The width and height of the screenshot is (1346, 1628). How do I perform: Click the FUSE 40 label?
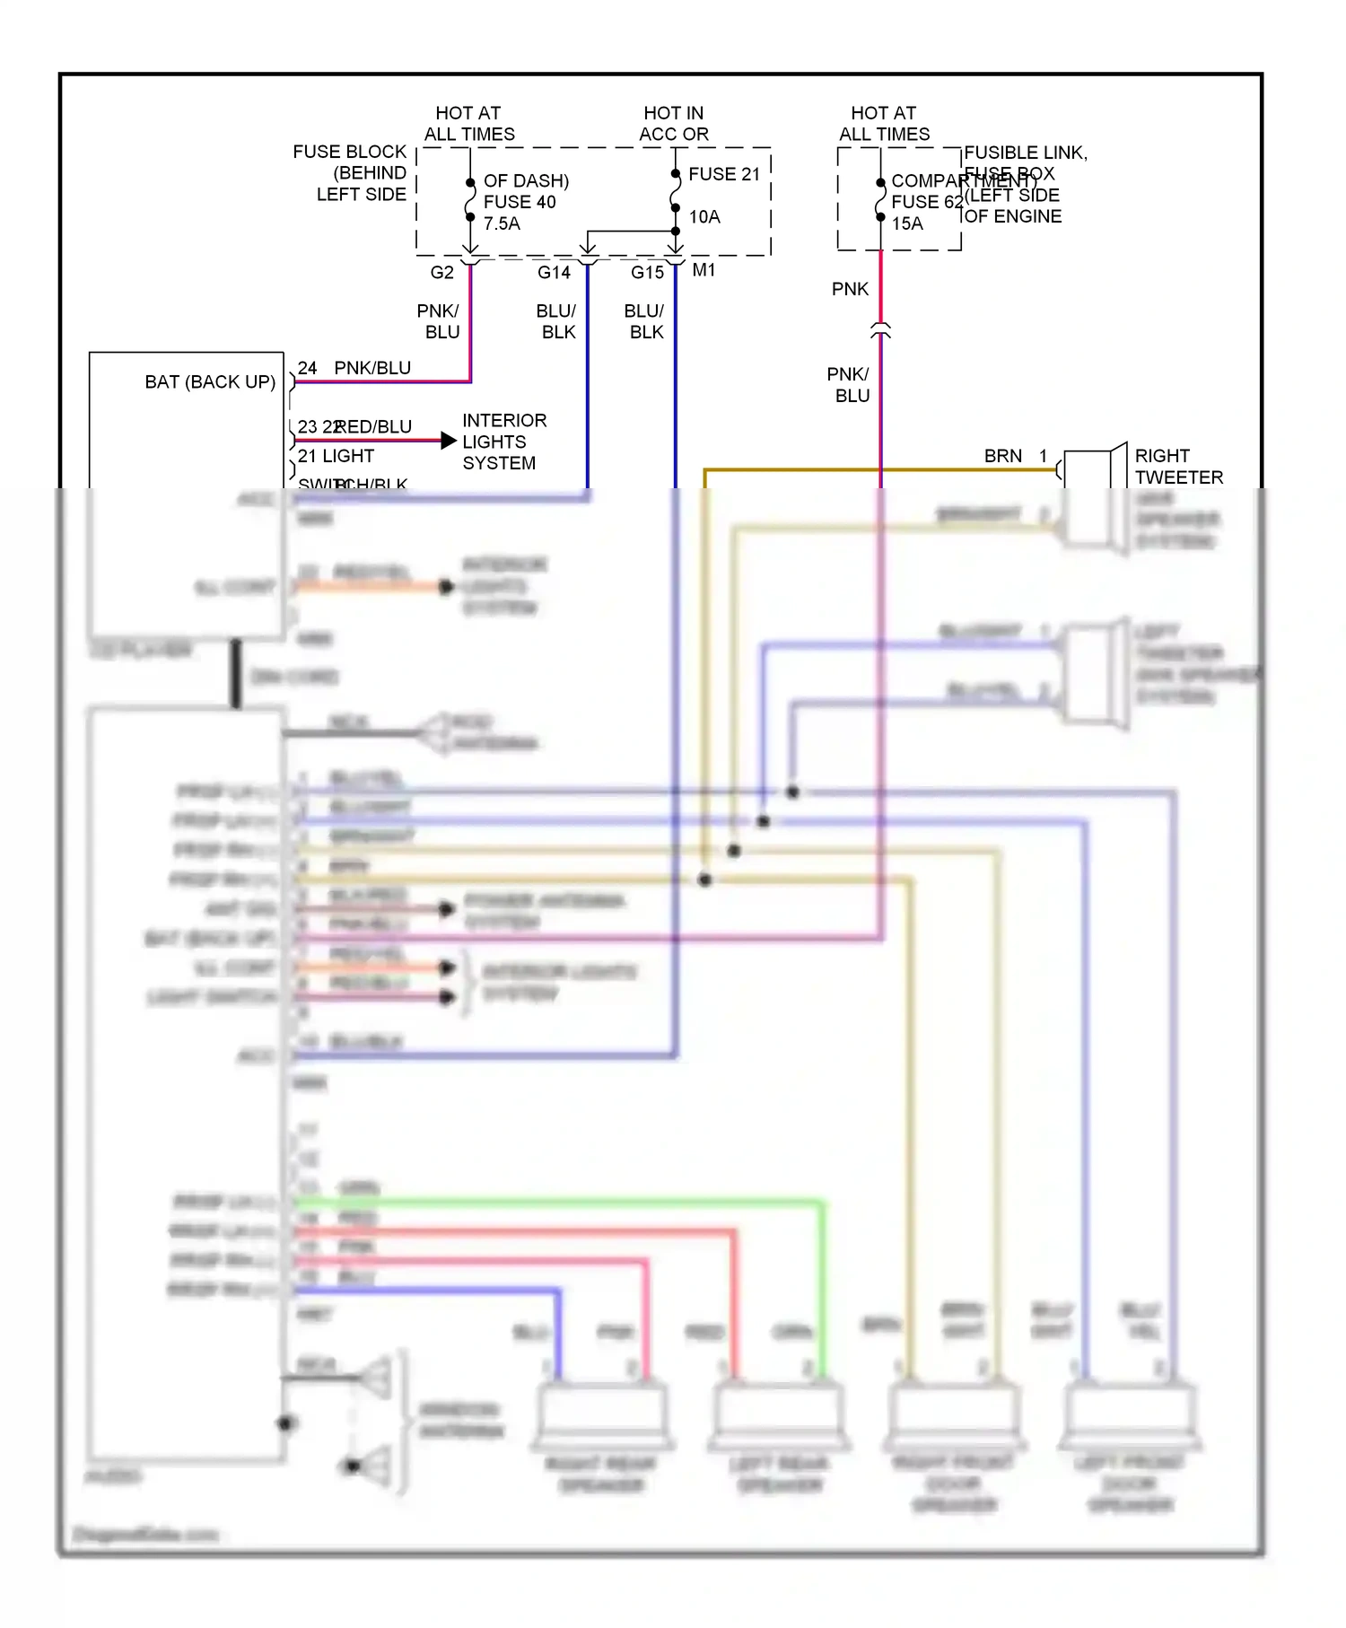click(x=520, y=202)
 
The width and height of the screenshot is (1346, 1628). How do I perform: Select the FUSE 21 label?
click(x=723, y=174)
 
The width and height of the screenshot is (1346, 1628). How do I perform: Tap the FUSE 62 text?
click(x=926, y=202)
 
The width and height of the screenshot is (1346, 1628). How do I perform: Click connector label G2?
click(x=441, y=272)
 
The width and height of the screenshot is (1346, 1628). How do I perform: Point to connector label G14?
click(x=554, y=272)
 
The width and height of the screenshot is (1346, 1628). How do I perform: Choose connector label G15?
click(x=647, y=272)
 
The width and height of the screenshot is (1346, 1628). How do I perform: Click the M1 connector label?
click(x=704, y=270)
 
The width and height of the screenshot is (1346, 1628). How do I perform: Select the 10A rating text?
click(x=704, y=216)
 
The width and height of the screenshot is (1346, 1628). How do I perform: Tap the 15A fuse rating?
click(x=907, y=223)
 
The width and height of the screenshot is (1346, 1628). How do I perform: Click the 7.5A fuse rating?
click(x=502, y=223)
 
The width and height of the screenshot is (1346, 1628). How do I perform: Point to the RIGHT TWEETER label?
click(x=1178, y=467)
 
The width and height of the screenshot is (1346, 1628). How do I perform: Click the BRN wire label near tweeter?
click(x=1002, y=456)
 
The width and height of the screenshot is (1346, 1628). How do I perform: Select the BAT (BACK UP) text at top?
click(x=210, y=381)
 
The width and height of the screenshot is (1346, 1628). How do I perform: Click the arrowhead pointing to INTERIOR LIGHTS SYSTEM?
click(x=449, y=440)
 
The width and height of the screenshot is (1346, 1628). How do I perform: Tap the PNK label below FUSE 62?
click(x=850, y=289)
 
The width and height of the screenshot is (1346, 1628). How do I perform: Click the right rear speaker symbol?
click(x=601, y=1415)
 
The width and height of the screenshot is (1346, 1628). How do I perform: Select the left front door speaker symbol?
click(x=1129, y=1415)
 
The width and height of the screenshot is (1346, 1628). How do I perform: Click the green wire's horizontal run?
click(x=556, y=1202)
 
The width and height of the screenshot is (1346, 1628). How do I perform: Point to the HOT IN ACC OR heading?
click(x=674, y=124)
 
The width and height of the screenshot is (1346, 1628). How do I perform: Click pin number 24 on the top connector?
click(x=307, y=368)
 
